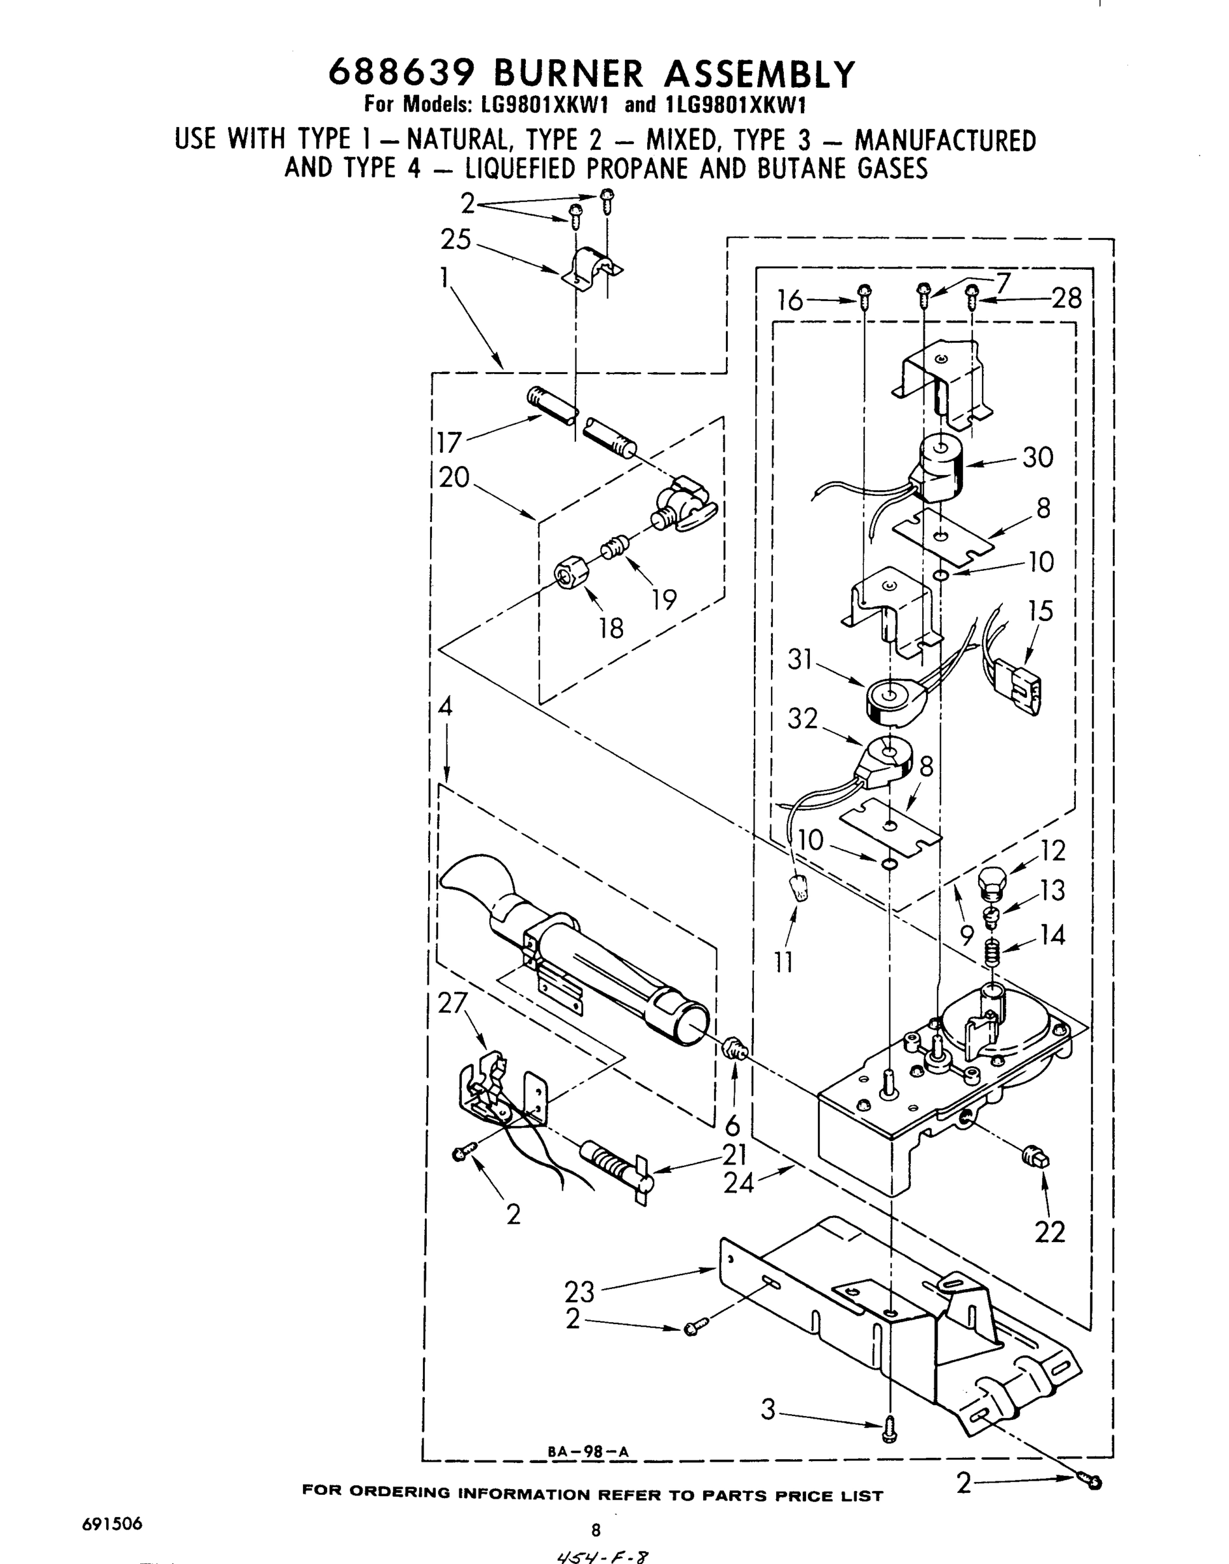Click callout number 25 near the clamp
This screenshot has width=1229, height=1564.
(455, 240)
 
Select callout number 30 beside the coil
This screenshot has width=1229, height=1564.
(1037, 457)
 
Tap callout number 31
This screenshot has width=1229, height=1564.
(800, 659)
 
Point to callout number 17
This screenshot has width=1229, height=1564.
(449, 442)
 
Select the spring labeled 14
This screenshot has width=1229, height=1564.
(992, 955)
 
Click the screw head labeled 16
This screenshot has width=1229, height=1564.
(865, 291)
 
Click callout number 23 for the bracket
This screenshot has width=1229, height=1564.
(579, 1292)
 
